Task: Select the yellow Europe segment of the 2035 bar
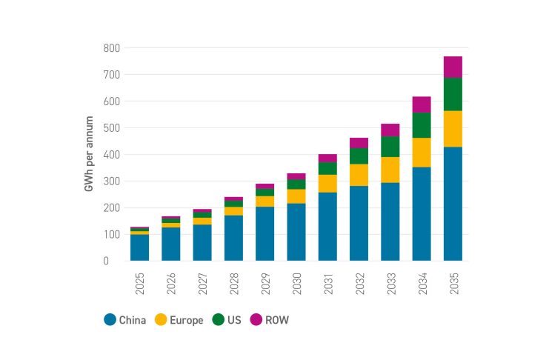[x=453, y=129]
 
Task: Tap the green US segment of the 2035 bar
[x=453, y=94]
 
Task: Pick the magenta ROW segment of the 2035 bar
[x=453, y=67]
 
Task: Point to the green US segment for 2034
[x=422, y=125]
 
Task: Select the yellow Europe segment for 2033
[x=390, y=170]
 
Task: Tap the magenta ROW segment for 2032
[x=359, y=143]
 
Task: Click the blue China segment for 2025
[x=139, y=247]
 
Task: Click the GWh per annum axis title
[x=88, y=154]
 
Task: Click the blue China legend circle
[x=110, y=320]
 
